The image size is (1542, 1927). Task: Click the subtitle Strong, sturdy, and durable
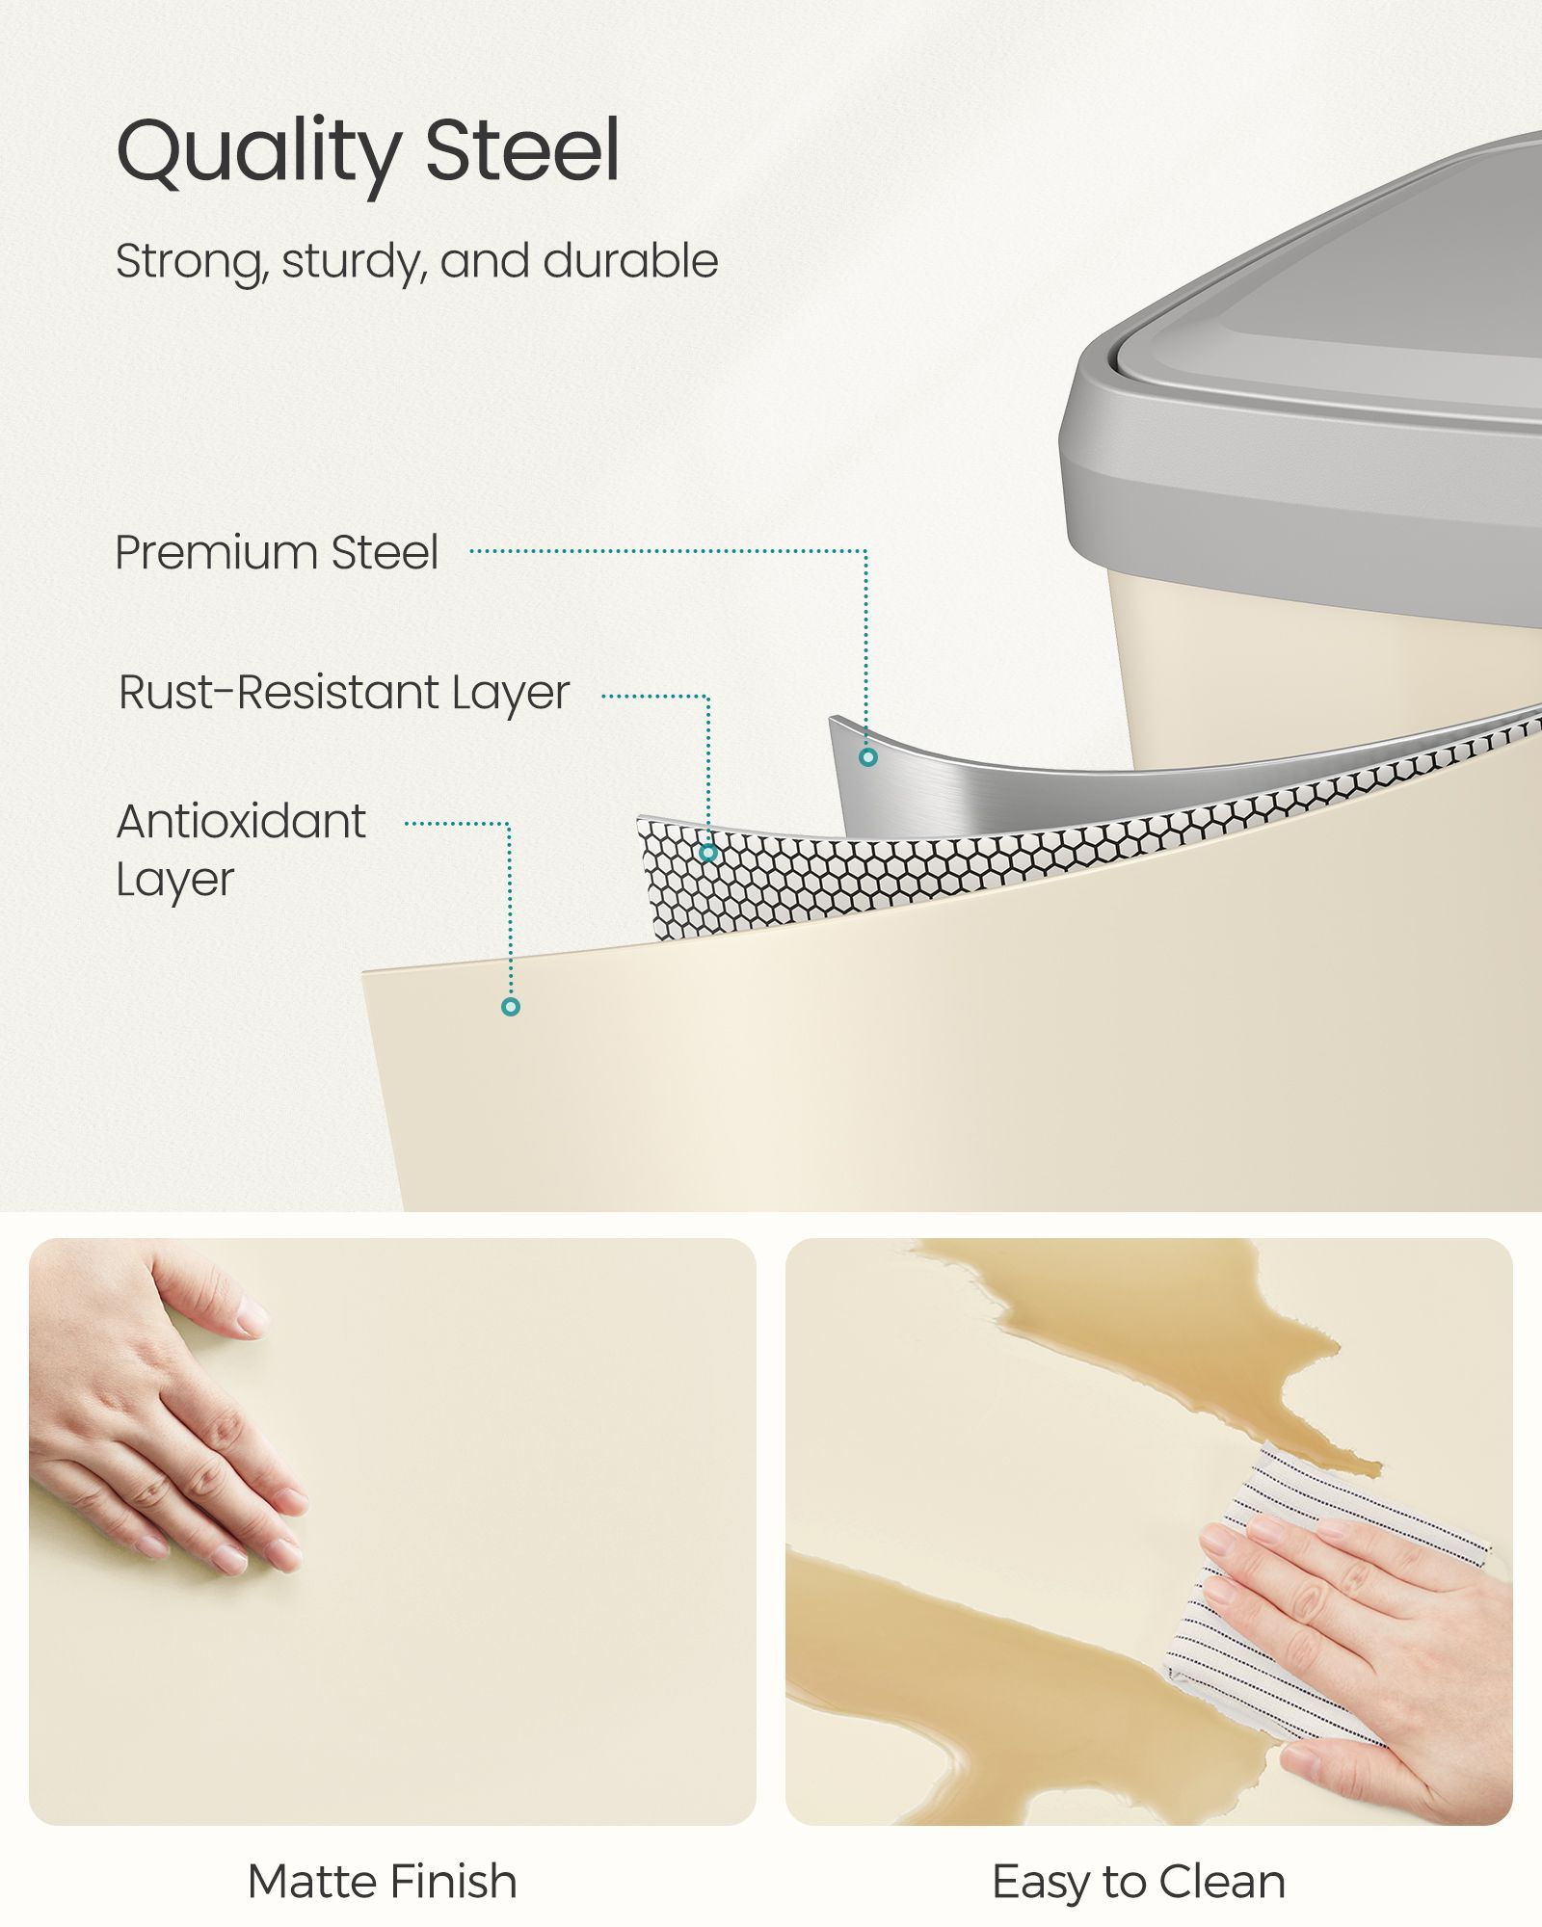(x=416, y=262)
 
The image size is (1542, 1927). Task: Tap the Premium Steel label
(x=277, y=553)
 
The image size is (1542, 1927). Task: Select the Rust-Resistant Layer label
(x=344, y=694)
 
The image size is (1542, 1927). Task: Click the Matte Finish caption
(x=383, y=1882)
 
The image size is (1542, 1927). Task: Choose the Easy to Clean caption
(x=1138, y=1882)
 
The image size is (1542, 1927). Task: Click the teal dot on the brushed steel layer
(x=868, y=757)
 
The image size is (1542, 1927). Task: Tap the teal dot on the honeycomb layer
(x=708, y=853)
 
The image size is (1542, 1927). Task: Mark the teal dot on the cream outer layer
(x=511, y=1007)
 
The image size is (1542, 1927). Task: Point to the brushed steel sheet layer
(x=964, y=785)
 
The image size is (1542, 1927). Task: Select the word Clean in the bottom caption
(x=1222, y=1882)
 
